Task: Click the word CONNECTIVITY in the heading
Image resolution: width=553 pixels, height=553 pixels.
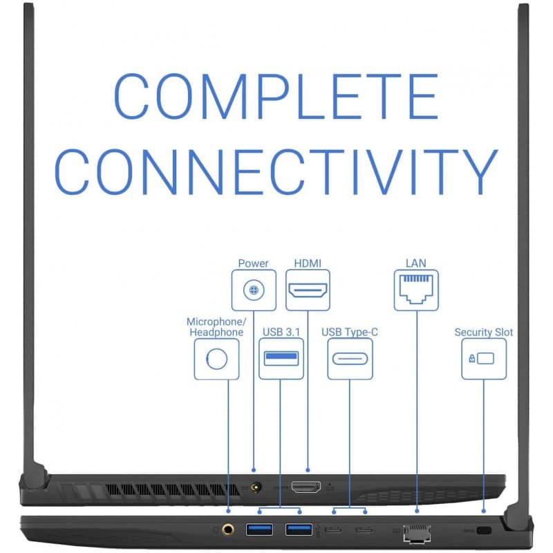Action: (x=276, y=170)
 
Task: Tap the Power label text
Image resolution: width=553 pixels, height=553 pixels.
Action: (x=253, y=263)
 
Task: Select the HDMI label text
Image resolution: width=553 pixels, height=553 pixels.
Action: (x=308, y=263)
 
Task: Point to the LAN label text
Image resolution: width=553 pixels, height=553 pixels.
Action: (x=416, y=263)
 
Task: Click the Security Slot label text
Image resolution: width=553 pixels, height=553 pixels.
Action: (x=484, y=332)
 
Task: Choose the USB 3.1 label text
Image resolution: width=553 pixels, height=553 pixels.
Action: (x=281, y=332)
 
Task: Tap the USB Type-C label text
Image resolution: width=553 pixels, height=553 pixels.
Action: (x=350, y=332)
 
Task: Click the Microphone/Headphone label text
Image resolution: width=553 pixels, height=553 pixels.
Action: (x=216, y=327)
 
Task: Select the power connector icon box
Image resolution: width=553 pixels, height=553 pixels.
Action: (x=254, y=290)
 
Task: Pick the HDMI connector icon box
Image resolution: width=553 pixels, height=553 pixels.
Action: (x=308, y=290)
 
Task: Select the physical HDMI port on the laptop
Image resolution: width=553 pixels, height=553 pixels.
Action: (x=307, y=487)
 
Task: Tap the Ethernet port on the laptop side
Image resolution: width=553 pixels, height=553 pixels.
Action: (x=417, y=532)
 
